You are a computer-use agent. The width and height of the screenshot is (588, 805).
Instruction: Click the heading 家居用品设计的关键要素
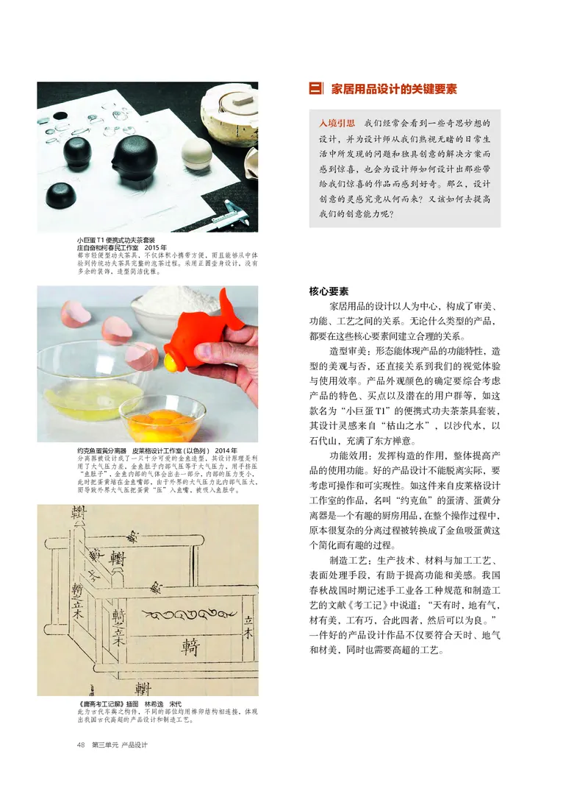pos(394,90)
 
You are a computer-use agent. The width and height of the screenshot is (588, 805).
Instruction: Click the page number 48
pos(81,745)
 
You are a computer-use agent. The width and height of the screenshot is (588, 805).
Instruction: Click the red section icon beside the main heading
pos(316,90)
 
